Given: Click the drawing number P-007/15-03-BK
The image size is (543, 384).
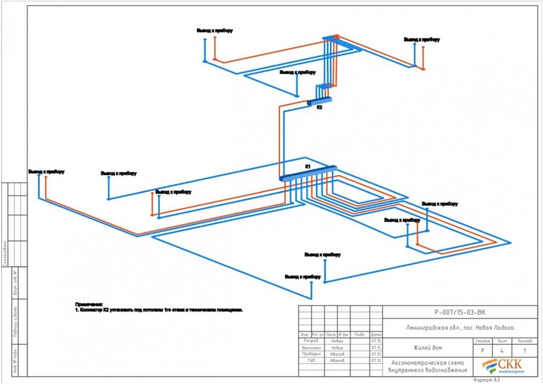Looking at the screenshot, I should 460,313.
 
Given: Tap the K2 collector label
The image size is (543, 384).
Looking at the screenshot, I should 320,107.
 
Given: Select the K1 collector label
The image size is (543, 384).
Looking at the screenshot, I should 307,166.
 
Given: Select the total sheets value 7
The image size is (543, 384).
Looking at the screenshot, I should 524,350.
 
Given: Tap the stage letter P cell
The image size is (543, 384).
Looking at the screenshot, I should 481,350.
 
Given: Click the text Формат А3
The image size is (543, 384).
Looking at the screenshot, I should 487,380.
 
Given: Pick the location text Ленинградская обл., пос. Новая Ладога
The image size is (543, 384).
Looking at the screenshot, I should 460,327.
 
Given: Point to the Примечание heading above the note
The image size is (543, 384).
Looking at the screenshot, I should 89,304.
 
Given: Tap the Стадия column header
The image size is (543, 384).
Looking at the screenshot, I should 481,341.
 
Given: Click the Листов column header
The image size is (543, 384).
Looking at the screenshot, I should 524,341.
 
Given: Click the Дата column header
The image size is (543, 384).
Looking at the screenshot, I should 376,334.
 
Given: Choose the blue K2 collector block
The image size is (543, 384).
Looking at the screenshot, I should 320,101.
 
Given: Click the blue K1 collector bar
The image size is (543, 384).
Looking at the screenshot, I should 308,173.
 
